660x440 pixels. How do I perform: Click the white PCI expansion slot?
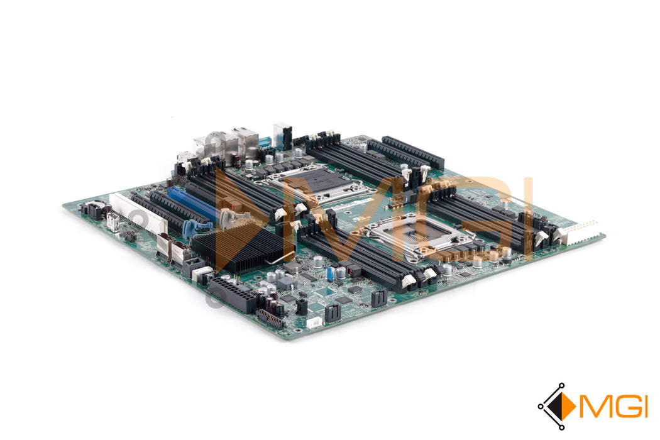tap(138, 213)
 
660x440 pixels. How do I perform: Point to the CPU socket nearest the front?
tap(421, 235)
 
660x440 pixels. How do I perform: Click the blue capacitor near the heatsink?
tap(331, 274)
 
